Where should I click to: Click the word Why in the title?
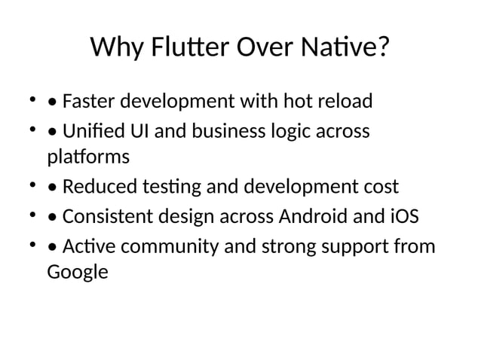point(115,49)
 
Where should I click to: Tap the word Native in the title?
point(340,49)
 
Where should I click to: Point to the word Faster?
point(89,101)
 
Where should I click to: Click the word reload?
point(348,101)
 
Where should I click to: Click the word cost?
point(380,188)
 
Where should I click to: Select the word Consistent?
point(107,218)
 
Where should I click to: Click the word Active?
point(85,247)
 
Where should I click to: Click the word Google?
point(78,273)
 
